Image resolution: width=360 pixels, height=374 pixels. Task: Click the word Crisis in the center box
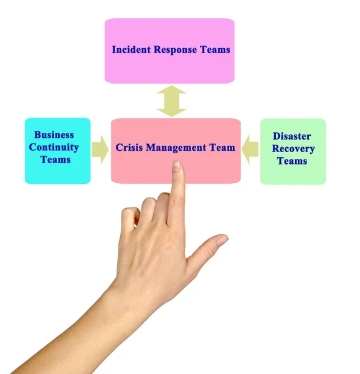(129, 148)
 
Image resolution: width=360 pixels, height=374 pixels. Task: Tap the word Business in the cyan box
(54, 135)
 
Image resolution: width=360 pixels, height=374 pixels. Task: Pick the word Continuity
(54, 147)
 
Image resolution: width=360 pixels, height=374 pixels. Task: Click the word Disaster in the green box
(292, 136)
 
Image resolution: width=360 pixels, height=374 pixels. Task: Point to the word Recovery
(293, 148)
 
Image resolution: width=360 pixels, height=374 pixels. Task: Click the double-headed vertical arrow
(171, 101)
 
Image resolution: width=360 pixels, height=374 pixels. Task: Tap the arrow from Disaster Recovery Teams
(250, 150)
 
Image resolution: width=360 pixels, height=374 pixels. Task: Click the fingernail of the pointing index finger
(177, 166)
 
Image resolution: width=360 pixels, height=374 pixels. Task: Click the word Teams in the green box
(292, 161)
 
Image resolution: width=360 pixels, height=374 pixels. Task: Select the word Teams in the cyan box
(55, 160)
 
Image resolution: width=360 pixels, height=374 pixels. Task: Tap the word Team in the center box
(222, 148)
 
